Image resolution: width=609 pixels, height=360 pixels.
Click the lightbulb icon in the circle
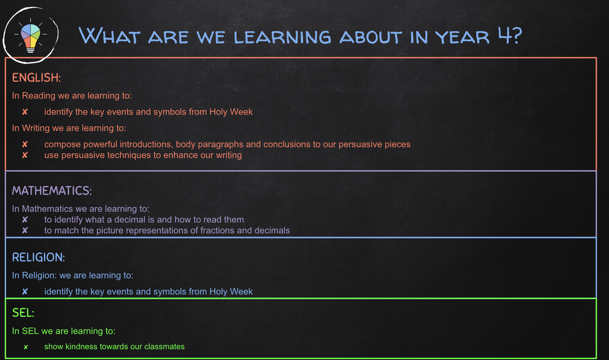coord(30,36)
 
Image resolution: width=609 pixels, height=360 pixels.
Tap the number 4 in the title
coord(505,35)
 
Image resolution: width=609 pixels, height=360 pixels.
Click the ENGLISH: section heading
coord(36,78)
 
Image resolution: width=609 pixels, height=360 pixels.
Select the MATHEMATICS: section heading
coord(52,191)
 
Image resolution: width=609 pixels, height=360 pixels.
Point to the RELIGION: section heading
coord(39,257)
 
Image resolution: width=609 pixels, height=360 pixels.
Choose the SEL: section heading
coord(23,313)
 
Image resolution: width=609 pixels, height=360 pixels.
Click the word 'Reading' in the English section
coord(39,96)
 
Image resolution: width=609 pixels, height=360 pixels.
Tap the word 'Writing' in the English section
coord(36,128)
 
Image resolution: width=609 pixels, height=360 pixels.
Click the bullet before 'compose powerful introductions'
coord(25,144)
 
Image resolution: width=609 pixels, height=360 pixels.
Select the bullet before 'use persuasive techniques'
coord(25,155)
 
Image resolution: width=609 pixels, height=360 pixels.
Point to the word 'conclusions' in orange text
coord(287,144)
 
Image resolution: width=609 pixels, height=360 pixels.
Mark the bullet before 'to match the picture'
coord(25,231)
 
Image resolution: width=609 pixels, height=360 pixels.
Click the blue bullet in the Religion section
coord(25,291)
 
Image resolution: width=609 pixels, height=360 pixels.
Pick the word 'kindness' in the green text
coord(82,346)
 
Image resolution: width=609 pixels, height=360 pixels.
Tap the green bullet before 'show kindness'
coord(26,347)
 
